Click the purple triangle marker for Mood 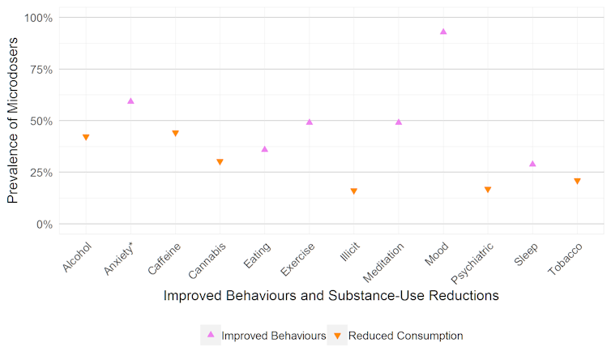(443, 32)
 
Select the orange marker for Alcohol (86, 138)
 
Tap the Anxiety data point (130, 101)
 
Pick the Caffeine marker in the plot (175, 133)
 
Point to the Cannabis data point (220, 162)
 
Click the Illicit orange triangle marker (354, 191)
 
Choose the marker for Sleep (532, 164)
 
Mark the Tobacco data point (577, 182)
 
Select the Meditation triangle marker (399, 122)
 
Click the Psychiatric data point (488, 190)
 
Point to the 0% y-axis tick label (42, 224)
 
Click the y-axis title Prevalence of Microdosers (14, 122)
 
